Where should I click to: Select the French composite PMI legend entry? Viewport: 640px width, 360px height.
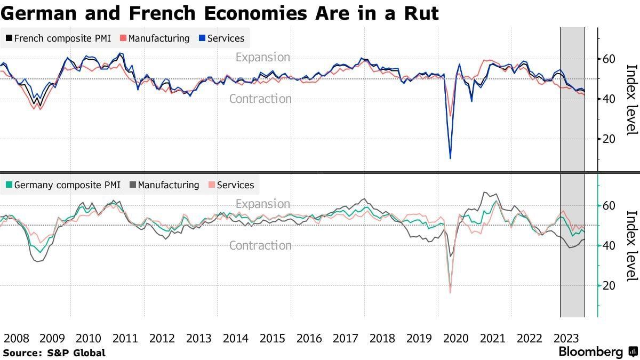(58, 38)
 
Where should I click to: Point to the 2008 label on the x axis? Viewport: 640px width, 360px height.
(15, 338)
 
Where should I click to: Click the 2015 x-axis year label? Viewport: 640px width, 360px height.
(273, 338)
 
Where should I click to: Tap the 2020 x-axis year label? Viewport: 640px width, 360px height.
(456, 338)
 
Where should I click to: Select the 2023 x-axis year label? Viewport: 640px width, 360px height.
(566, 338)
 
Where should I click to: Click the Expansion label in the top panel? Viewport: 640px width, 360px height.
(263, 57)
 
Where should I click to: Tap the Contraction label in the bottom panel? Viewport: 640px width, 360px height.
(260, 245)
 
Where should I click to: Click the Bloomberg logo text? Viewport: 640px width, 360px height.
(591, 352)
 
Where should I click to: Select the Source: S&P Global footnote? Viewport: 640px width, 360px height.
(54, 353)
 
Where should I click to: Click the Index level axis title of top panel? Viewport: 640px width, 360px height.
(631, 99)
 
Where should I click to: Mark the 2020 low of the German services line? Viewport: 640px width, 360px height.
(451, 292)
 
